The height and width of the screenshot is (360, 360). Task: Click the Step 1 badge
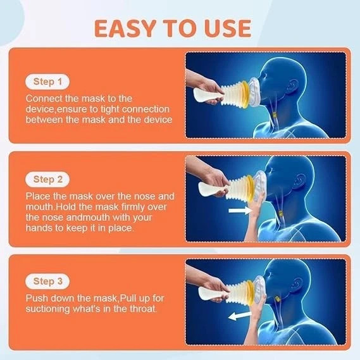pyautogui.click(x=47, y=82)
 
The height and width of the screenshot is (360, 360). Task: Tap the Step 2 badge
pyautogui.click(x=47, y=180)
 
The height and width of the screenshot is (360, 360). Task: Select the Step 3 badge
pyautogui.click(x=47, y=280)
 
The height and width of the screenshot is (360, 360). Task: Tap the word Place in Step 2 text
pyautogui.click(x=39, y=197)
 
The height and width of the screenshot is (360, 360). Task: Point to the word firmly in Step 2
pyautogui.click(x=113, y=207)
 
